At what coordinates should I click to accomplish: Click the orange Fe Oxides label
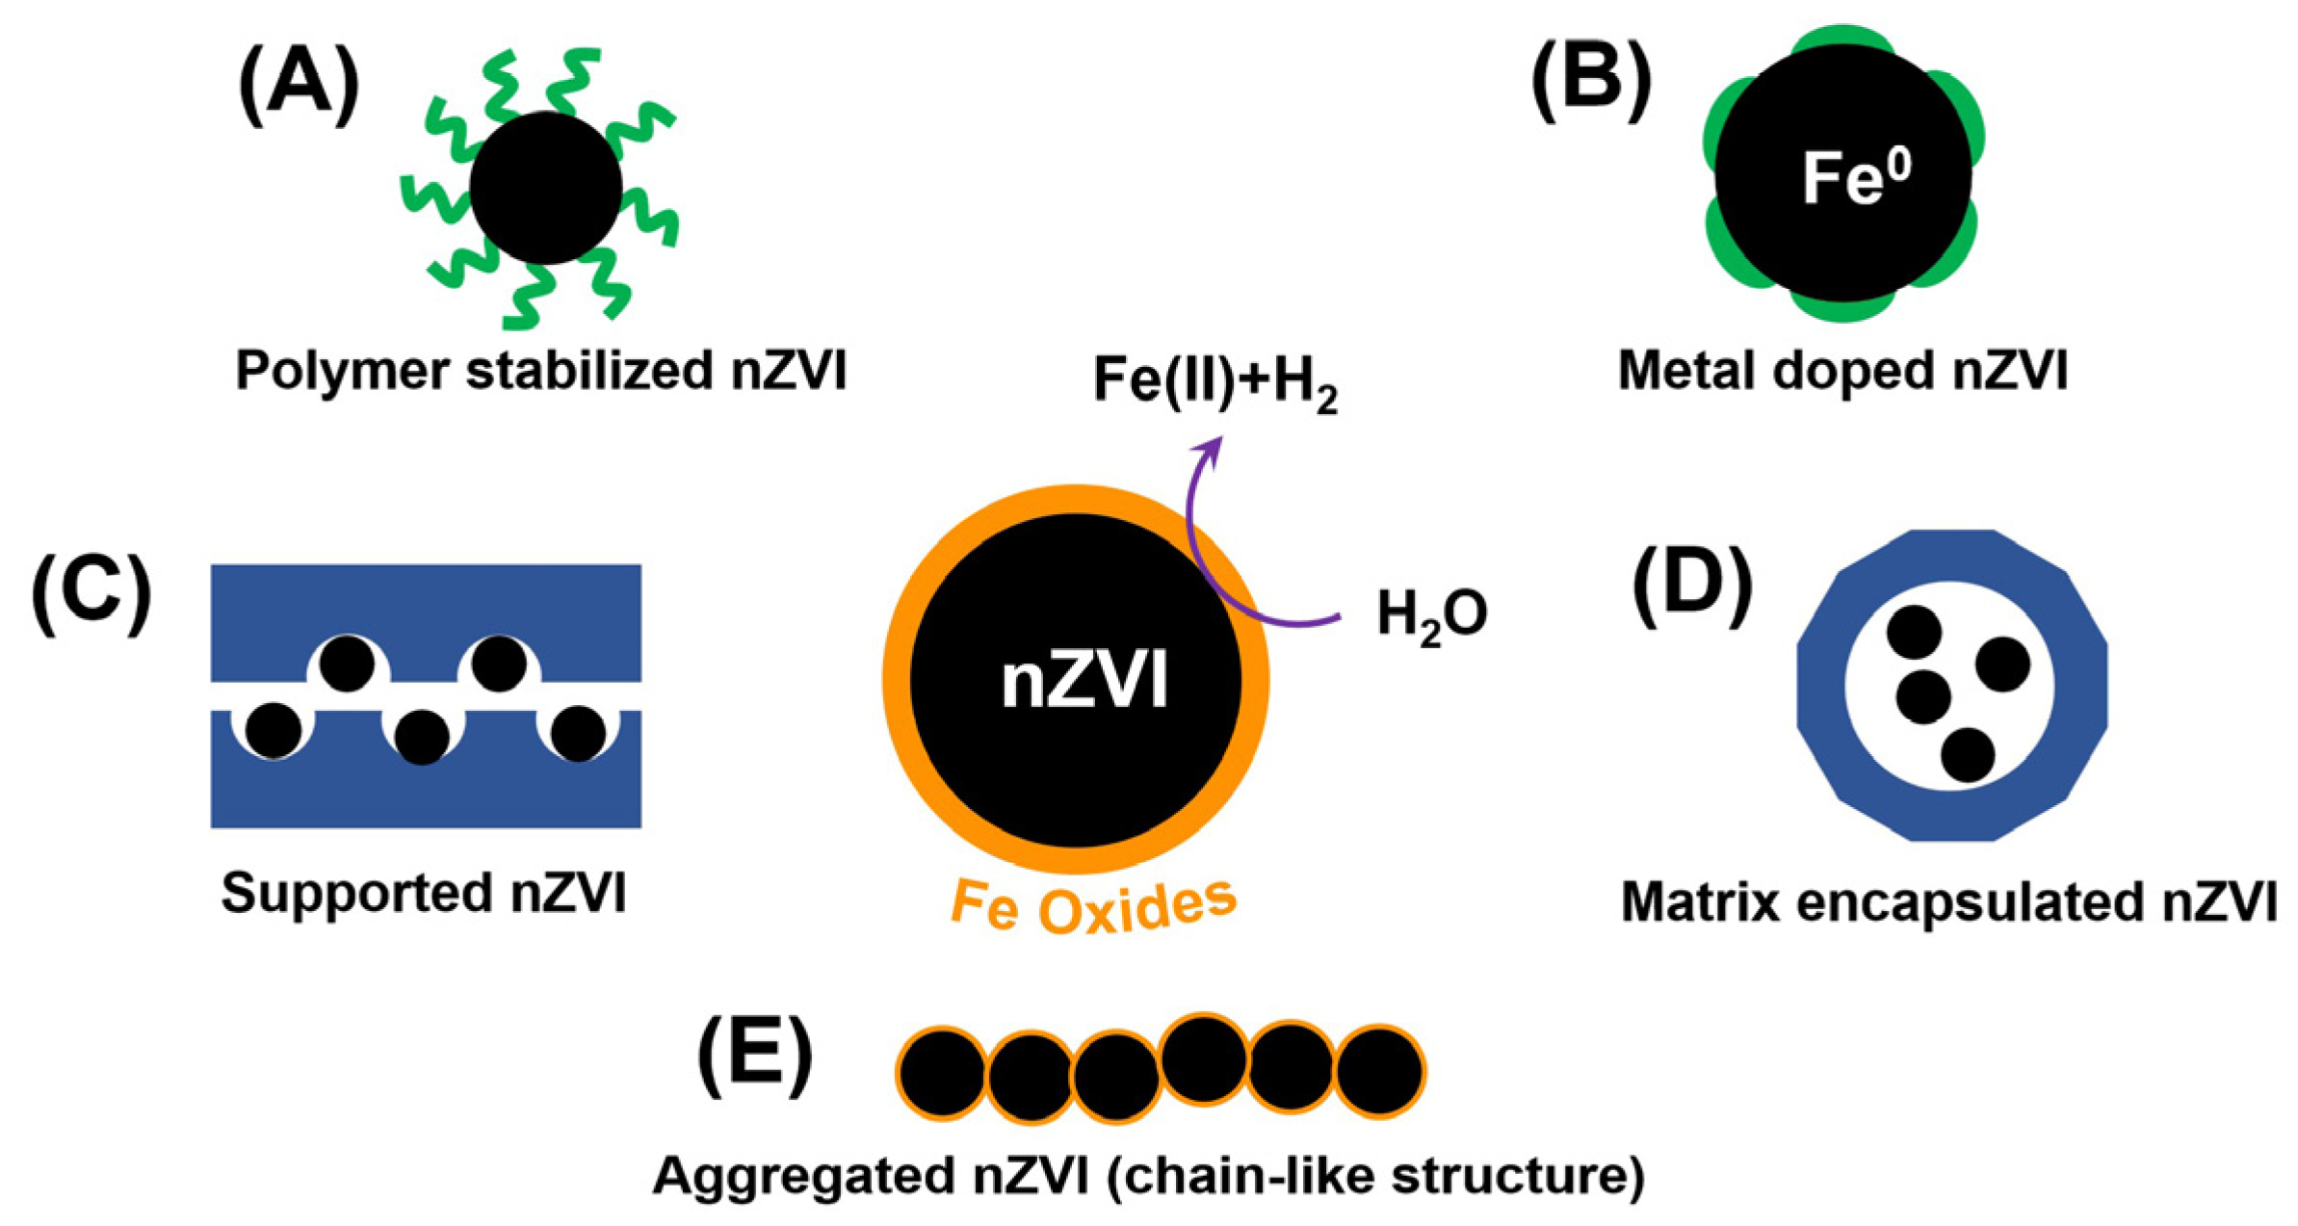(x=1093, y=905)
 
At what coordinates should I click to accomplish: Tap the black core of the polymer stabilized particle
(x=545, y=188)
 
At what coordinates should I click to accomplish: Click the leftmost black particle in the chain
(x=942, y=1073)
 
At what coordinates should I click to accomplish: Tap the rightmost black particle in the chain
(x=1379, y=1071)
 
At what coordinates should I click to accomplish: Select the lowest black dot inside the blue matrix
(x=1967, y=754)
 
